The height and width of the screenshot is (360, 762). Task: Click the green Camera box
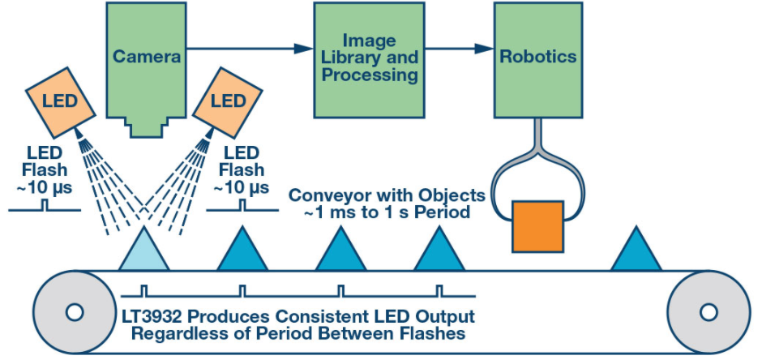click(x=146, y=57)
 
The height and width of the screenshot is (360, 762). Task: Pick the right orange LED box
click(x=228, y=101)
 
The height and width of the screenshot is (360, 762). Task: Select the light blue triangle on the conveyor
click(x=144, y=251)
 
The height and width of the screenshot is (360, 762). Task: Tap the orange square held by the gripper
click(x=537, y=225)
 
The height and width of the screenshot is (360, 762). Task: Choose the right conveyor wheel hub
click(x=707, y=311)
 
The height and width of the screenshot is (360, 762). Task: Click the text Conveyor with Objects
click(x=387, y=195)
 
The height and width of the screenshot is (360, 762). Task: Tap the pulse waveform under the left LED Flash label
click(x=45, y=207)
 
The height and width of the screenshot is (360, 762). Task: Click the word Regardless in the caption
click(x=171, y=332)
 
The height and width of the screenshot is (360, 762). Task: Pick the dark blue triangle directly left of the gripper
click(x=439, y=252)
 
